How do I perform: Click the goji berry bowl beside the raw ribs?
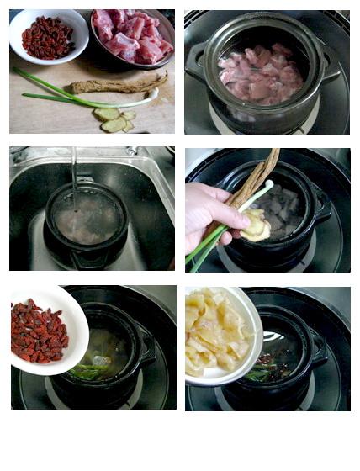[x=48, y=36]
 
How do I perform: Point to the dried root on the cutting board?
[x=118, y=84]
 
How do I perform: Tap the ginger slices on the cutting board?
[x=113, y=119]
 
